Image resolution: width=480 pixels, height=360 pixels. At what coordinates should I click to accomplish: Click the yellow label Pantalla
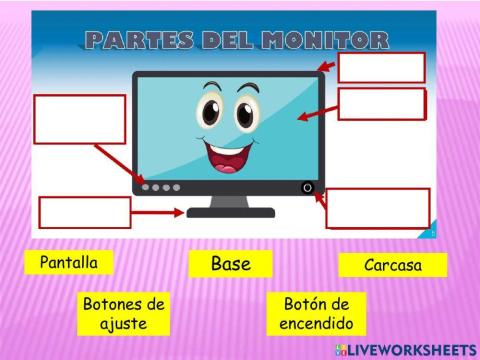(x=69, y=263)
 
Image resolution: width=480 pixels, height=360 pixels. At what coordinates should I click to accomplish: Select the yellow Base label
(x=230, y=264)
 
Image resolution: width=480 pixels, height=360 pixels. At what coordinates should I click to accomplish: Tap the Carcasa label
(x=392, y=265)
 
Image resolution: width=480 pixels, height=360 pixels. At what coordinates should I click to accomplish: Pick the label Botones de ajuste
(x=124, y=314)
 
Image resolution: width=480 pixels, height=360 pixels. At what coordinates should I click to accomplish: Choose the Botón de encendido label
(x=315, y=314)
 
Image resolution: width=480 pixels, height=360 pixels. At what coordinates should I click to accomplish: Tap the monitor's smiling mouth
(x=229, y=155)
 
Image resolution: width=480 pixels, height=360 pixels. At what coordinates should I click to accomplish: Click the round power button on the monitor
(x=307, y=187)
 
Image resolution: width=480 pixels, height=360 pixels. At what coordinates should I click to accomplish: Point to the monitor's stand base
(x=230, y=211)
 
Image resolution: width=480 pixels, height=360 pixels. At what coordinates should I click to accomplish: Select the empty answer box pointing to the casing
(x=381, y=67)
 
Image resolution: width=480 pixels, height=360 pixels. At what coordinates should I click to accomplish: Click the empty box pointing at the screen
(x=381, y=104)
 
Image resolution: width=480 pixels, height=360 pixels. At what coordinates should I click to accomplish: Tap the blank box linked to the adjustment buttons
(x=80, y=119)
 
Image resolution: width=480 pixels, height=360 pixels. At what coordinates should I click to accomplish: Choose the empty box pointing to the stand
(x=85, y=212)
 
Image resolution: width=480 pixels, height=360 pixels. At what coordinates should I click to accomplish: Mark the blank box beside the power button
(x=378, y=208)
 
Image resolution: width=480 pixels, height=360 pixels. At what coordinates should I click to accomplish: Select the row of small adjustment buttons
(x=161, y=187)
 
